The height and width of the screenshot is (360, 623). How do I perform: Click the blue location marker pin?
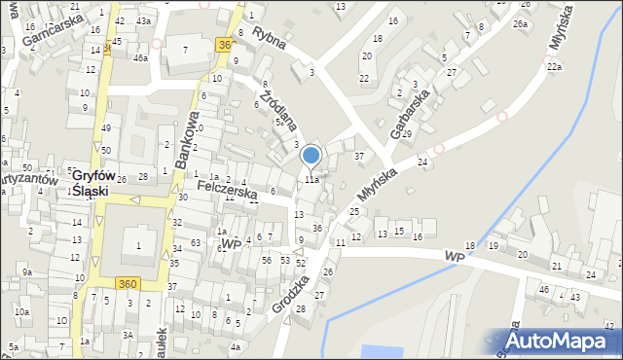(311, 156)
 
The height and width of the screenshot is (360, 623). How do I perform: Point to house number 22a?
(554, 66)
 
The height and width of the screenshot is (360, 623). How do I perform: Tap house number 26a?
(521, 23)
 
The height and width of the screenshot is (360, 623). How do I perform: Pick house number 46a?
(140, 58)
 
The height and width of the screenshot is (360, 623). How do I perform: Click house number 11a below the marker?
(311, 180)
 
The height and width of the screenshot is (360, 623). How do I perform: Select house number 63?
(195, 242)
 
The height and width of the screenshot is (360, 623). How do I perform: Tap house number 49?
(106, 129)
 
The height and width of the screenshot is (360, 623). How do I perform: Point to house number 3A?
(128, 334)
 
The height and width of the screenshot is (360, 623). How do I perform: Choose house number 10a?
(19, 312)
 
